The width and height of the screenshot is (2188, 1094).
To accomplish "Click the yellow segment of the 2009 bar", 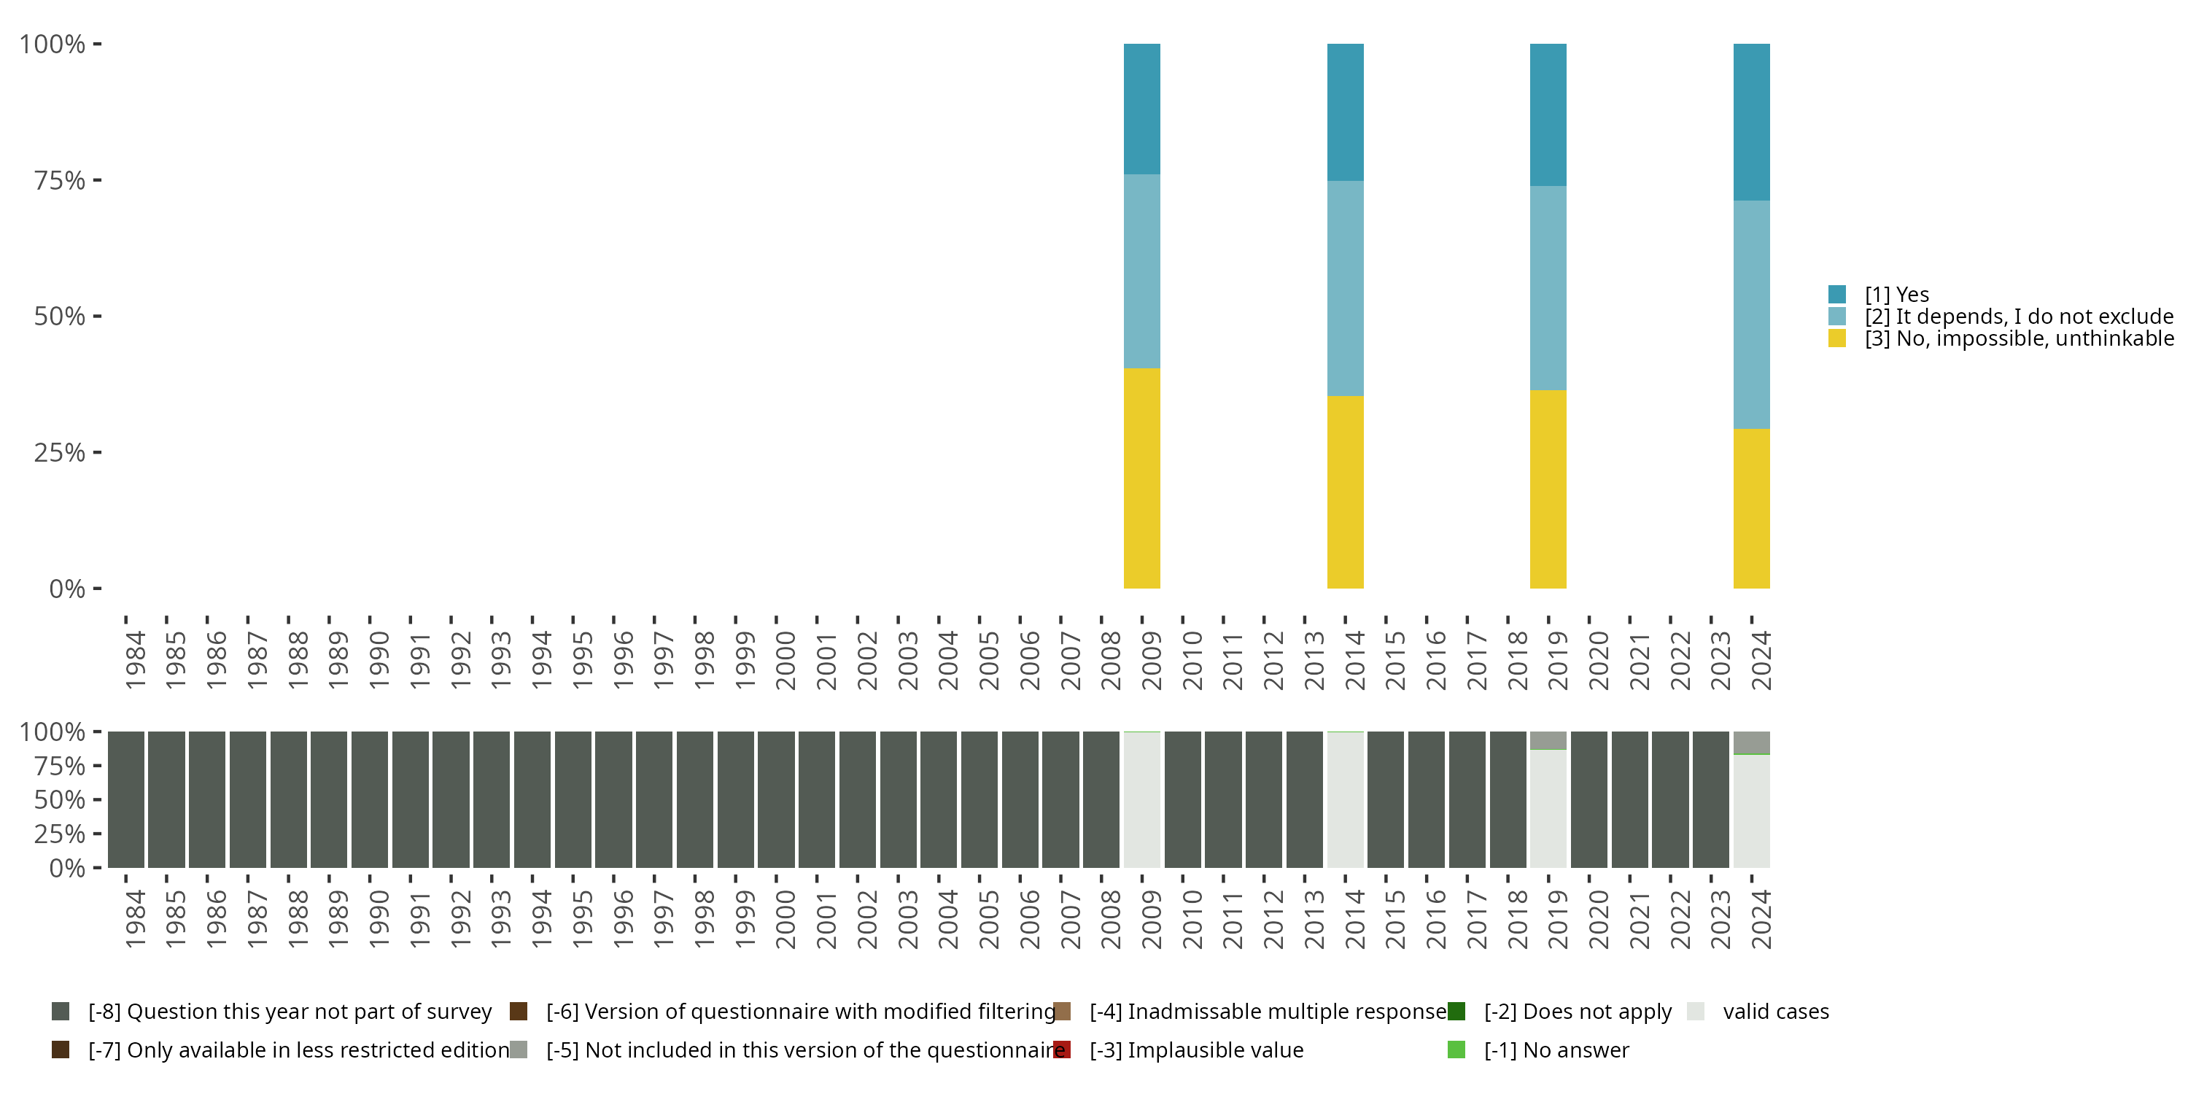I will pyautogui.click(x=1141, y=478).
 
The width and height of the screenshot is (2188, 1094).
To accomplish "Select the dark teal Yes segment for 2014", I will pyautogui.click(x=1346, y=112).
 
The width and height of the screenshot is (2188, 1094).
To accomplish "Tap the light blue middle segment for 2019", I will pyautogui.click(x=1548, y=288).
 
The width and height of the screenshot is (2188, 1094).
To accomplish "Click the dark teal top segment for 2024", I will pyautogui.click(x=1751, y=122).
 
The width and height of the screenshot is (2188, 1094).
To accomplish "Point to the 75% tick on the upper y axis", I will pyautogui.click(x=60, y=180).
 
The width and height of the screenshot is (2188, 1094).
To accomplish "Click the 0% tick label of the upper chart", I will pyautogui.click(x=67, y=589).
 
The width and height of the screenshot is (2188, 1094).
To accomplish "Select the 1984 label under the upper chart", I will pyautogui.click(x=135, y=660).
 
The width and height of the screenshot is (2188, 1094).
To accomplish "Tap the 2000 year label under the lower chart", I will pyautogui.click(x=785, y=919).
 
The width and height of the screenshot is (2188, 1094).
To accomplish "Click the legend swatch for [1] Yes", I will pyautogui.click(x=1837, y=295).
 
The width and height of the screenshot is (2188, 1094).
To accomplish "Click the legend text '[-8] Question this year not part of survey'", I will pyautogui.click(x=290, y=1012).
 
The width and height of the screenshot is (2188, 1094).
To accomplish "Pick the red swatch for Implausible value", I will pyautogui.click(x=1062, y=1050).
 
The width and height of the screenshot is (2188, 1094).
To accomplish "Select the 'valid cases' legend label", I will pyautogui.click(x=1775, y=1012).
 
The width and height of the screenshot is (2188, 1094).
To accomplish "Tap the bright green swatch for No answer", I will pyautogui.click(x=1456, y=1050).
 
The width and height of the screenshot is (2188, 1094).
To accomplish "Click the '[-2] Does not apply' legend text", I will pyautogui.click(x=1578, y=1012).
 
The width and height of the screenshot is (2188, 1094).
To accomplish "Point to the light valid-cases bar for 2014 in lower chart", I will pyautogui.click(x=1346, y=800).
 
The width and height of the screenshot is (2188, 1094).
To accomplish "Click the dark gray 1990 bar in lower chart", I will pyautogui.click(x=370, y=800).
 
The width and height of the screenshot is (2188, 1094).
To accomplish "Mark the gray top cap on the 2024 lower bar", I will pyautogui.click(x=1751, y=742).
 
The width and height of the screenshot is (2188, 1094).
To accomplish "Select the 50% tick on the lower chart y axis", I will pyautogui.click(x=60, y=800).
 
